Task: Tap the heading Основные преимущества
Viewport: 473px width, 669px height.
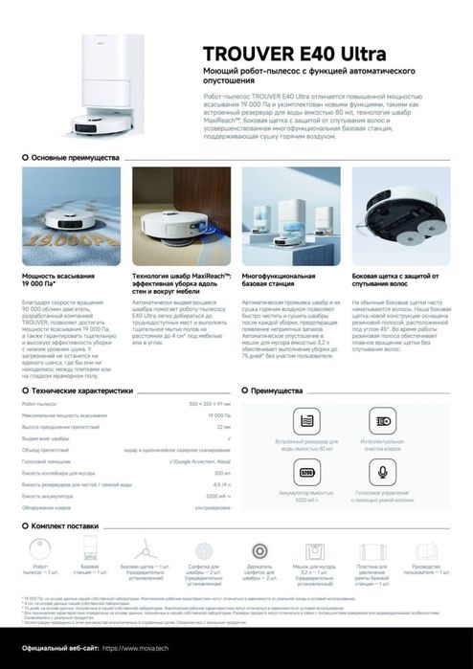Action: point(76,156)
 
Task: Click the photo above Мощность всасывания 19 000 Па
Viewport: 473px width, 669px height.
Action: point(57,216)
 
